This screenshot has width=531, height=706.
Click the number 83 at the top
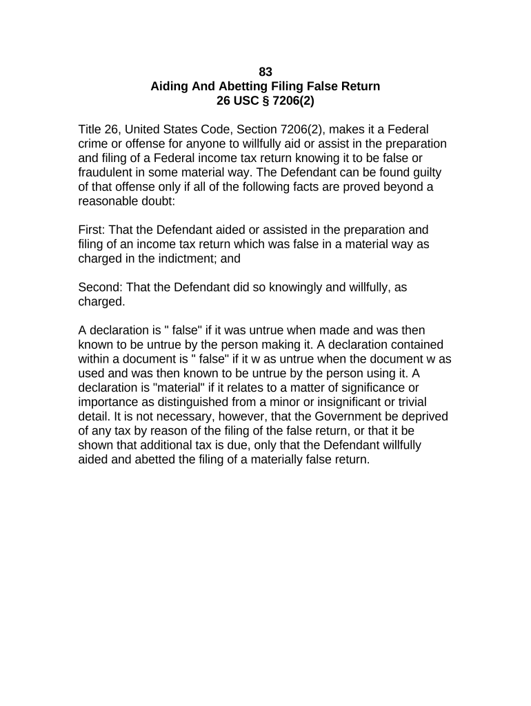[265, 72]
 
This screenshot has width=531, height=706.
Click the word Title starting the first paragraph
[90, 130]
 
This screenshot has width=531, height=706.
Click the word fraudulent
[109, 172]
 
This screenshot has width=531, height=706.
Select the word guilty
[423, 172]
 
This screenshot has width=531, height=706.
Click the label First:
[92, 230]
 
